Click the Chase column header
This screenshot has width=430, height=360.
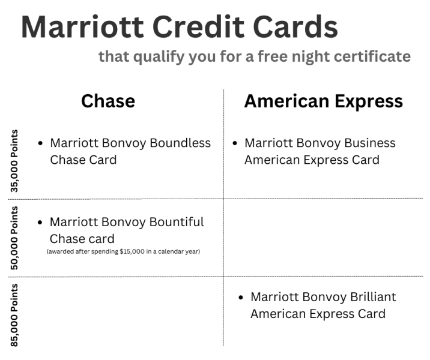108,101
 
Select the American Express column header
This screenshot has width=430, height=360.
323,101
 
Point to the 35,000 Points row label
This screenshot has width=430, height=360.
14,160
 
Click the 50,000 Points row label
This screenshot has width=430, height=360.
14,238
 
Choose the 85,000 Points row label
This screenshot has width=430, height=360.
14,314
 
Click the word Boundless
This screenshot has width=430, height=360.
180,143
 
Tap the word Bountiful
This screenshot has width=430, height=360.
177,222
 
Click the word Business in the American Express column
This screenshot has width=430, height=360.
367,143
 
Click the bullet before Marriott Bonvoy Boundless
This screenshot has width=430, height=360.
40,144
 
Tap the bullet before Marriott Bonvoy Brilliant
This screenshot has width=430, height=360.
241,298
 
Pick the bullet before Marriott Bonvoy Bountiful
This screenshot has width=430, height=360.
40,223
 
